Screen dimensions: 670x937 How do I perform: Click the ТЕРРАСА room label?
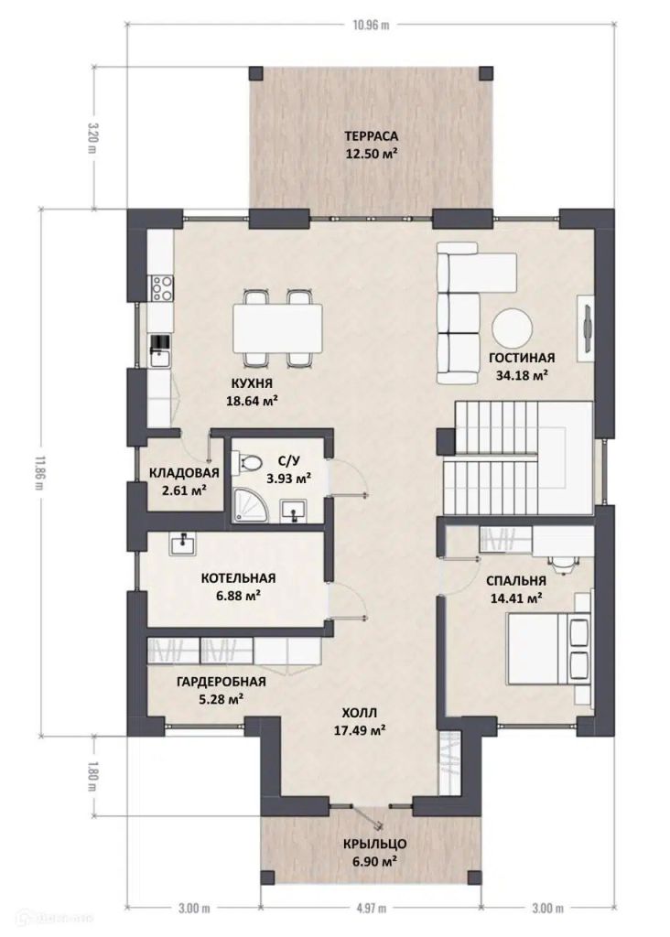372,135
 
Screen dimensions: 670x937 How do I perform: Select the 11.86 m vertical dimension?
40,473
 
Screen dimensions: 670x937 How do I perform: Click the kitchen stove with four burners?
161,288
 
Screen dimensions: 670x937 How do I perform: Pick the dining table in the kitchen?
278,328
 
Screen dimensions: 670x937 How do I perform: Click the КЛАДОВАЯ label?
184,473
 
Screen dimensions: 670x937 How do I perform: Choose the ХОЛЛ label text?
360,713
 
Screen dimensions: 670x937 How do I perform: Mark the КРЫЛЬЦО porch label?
374,845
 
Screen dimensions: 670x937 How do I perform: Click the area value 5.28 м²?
222,698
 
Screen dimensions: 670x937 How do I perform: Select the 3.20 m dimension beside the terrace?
92,137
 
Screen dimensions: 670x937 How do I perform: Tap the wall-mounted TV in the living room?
586,328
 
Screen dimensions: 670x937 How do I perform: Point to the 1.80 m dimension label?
92,776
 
